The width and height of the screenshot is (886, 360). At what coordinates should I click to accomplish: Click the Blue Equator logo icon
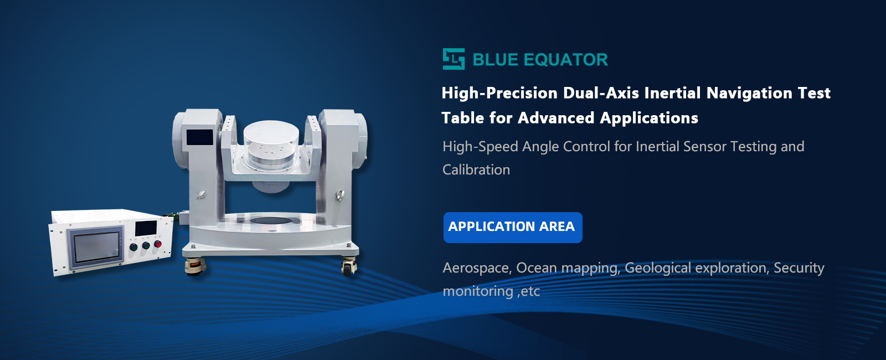[x=454, y=59]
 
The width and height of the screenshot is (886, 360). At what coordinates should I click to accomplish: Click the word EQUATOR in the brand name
[x=565, y=60]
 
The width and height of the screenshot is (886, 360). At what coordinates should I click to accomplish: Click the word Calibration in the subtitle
[x=476, y=169]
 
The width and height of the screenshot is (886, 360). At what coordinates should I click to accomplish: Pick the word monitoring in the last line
[x=478, y=291]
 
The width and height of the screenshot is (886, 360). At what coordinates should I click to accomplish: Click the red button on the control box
[x=158, y=244]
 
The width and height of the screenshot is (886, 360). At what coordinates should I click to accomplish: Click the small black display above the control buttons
[x=146, y=228]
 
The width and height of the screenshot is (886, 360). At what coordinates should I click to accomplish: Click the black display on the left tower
[x=200, y=137]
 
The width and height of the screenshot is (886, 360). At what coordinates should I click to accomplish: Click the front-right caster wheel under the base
[x=349, y=266]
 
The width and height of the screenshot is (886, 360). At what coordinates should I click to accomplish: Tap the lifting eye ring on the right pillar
[x=340, y=195]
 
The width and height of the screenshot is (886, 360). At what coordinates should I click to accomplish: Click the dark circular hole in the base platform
[x=271, y=220]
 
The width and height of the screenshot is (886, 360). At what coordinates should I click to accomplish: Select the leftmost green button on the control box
[x=133, y=247]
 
